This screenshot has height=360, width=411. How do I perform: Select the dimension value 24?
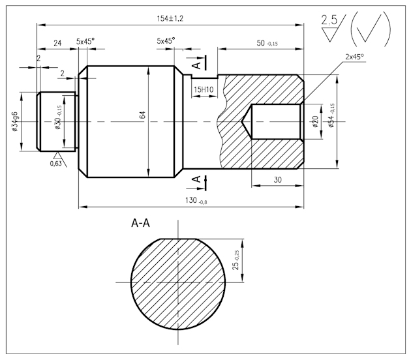point(57,42)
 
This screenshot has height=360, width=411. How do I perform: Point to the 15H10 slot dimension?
point(204,89)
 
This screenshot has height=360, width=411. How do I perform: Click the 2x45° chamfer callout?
point(354,57)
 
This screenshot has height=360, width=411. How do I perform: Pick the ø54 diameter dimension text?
point(331,115)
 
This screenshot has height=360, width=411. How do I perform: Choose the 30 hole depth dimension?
point(278,179)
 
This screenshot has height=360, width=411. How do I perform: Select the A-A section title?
point(141,224)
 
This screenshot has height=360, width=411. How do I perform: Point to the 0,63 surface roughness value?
point(57,163)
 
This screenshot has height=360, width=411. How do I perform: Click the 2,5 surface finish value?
point(330,21)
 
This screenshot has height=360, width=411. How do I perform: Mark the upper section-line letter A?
point(196,64)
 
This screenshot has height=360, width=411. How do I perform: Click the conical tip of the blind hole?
point(246,121)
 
